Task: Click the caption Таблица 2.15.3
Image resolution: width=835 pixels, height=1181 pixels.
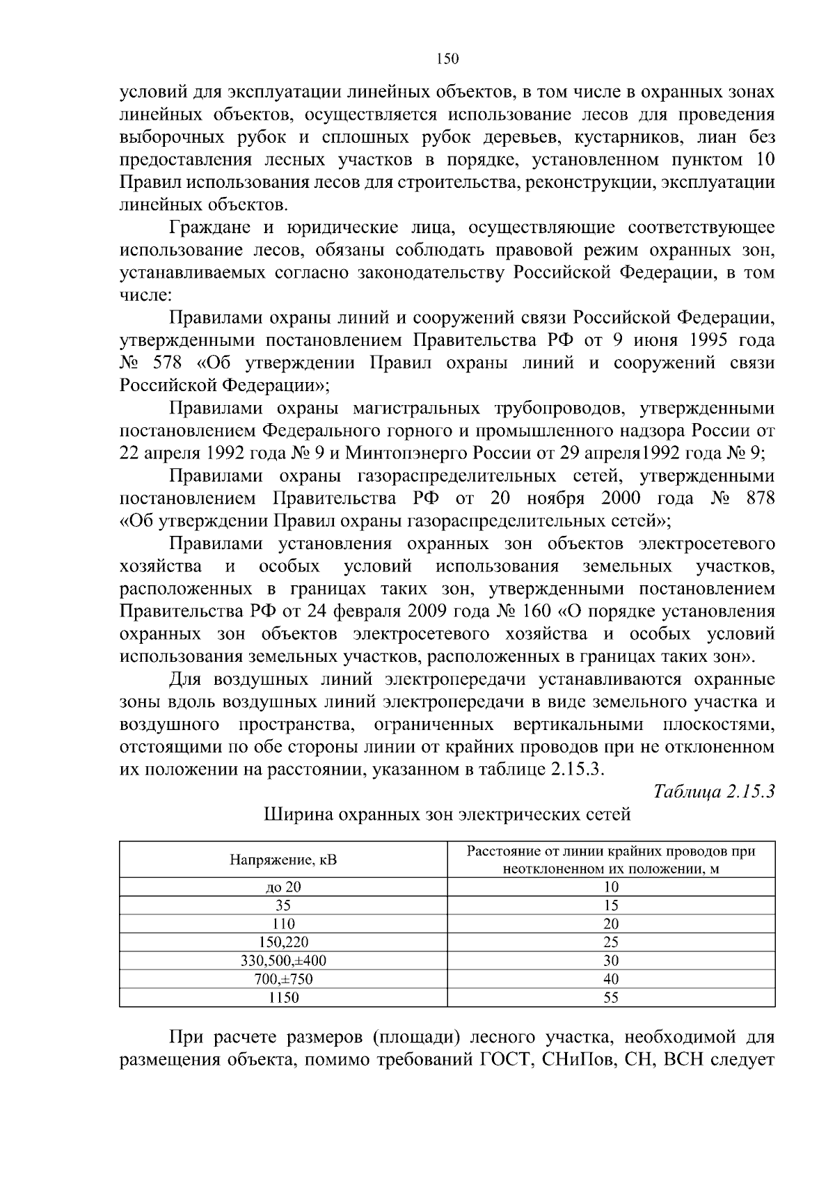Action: click(714, 792)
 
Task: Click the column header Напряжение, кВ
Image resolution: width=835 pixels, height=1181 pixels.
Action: click(283, 859)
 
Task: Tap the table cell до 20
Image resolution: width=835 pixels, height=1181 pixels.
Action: click(283, 887)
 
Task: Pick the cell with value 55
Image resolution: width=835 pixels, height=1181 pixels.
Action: click(611, 997)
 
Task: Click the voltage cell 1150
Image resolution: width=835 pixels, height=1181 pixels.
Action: click(283, 997)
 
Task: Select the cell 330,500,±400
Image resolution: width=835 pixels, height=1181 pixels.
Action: click(283, 960)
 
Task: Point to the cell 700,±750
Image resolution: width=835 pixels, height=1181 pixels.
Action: click(283, 979)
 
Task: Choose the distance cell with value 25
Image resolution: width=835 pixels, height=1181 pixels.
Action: click(611, 942)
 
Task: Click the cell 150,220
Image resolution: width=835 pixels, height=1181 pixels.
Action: click(283, 942)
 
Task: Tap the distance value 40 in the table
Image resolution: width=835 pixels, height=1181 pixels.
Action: click(611, 979)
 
